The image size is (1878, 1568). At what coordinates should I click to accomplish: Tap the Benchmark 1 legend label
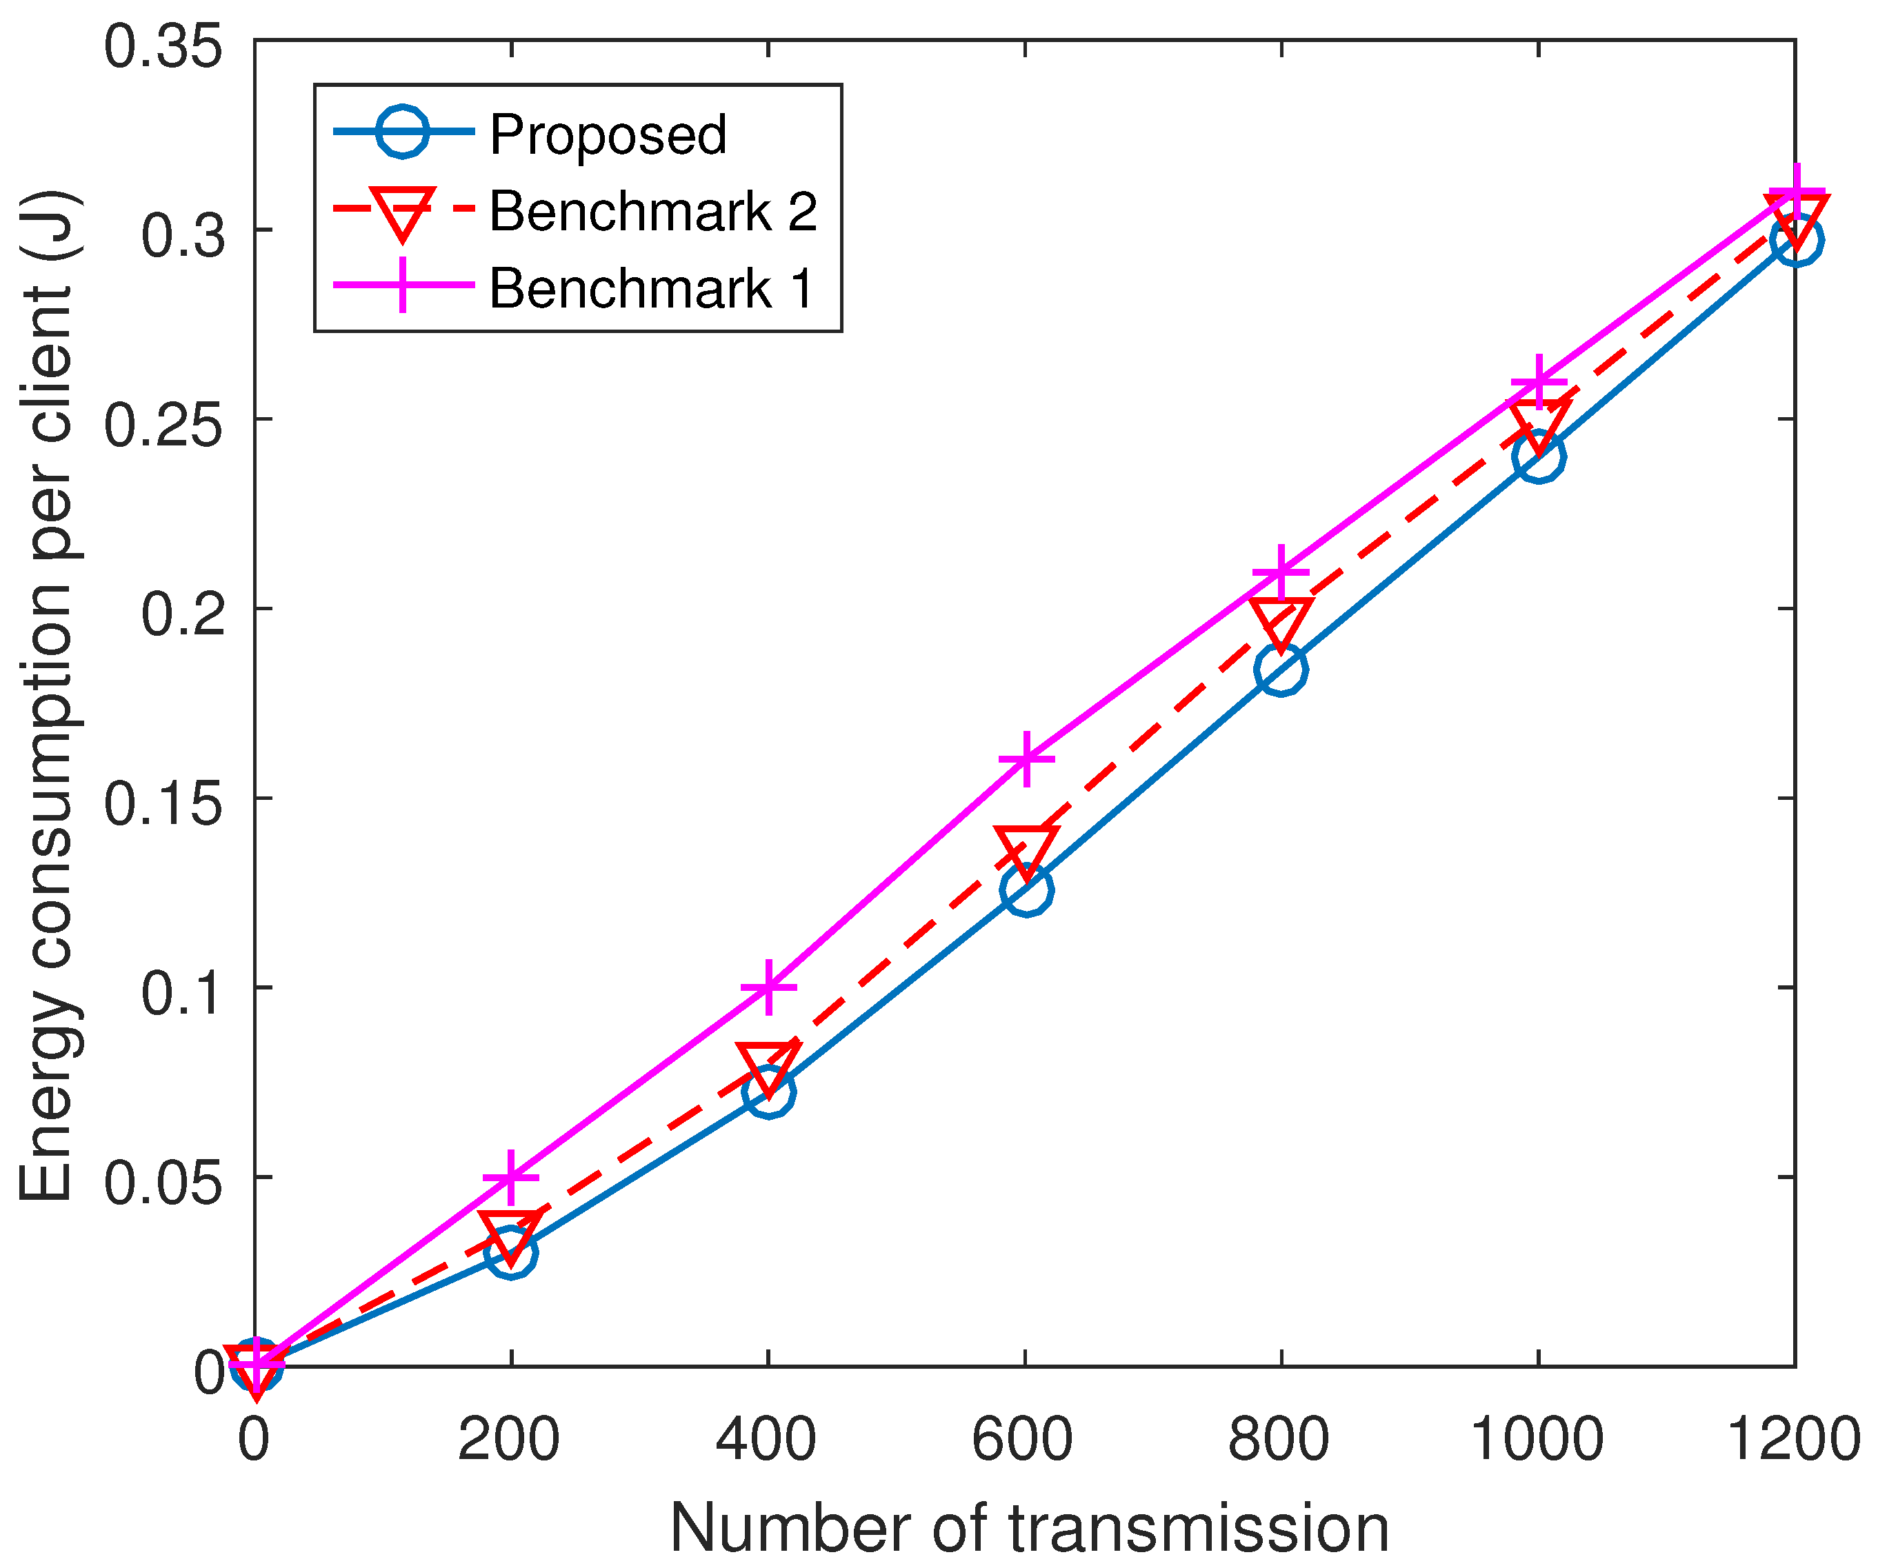coord(650,289)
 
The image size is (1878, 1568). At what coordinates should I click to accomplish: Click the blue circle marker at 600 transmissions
coord(1026,889)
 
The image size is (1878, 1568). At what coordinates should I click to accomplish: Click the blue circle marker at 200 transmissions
coord(510,1252)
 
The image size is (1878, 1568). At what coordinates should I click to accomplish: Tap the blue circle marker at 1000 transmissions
coord(1538,456)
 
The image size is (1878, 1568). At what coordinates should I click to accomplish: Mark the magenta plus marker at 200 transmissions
coord(510,1177)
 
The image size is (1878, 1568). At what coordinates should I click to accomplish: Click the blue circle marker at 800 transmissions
coord(1281,669)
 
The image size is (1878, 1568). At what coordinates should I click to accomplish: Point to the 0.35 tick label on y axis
coord(163,46)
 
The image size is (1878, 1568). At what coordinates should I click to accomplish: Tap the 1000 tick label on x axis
coord(1537,1440)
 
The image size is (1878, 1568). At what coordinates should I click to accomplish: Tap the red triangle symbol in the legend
coord(403,213)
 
